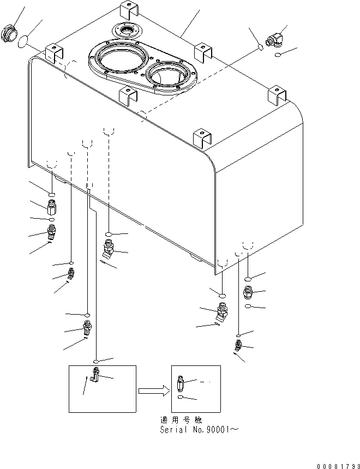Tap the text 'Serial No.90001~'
tap(197, 430)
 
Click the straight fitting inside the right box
tap(182, 384)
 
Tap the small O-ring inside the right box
tap(181, 398)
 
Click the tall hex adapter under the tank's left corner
tap(52, 208)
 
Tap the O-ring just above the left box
tap(96, 361)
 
